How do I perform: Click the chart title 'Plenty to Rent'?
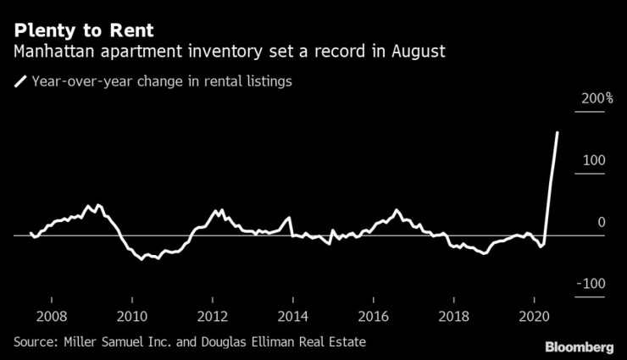pos(82,30)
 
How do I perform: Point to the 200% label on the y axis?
pos(596,99)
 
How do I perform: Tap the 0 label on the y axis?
pos(601,222)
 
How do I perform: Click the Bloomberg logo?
pos(578,347)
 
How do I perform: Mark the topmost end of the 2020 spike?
pos(557,132)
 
